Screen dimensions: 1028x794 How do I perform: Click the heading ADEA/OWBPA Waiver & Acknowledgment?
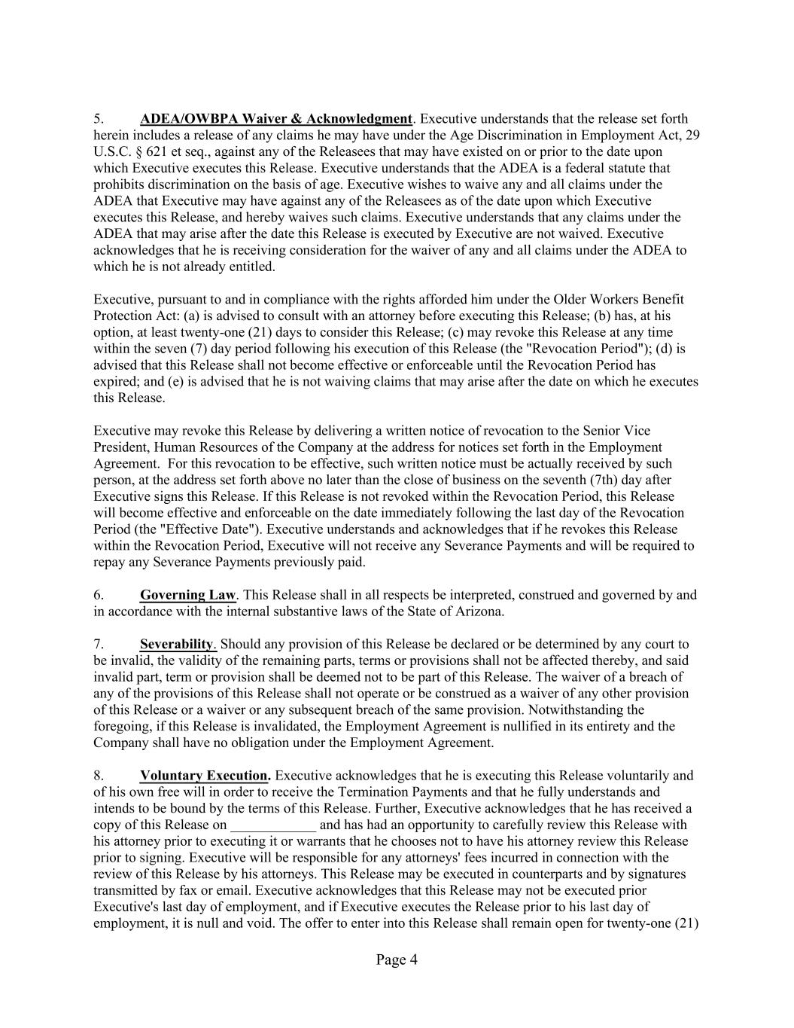pyautogui.click(x=276, y=119)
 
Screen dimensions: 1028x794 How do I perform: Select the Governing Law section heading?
pyautogui.click(x=187, y=595)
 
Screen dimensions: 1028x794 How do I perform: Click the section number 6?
pyautogui.click(x=99, y=595)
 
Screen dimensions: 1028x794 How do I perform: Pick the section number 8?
pyautogui.click(x=99, y=776)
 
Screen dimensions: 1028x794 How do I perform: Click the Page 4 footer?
pyautogui.click(x=397, y=959)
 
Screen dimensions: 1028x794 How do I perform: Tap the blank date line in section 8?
pyautogui.click(x=273, y=825)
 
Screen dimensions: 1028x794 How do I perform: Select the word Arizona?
pyautogui.click(x=479, y=612)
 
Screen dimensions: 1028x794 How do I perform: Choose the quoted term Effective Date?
pyautogui.click(x=190, y=529)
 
